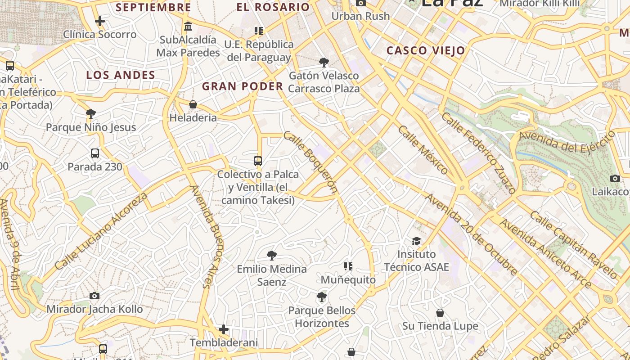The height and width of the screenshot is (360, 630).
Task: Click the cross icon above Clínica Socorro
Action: (100, 21)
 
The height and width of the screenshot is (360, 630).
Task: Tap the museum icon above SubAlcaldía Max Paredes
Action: (188, 26)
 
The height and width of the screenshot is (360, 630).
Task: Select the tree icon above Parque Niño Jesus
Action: (91, 113)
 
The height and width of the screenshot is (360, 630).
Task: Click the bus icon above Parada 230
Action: (95, 153)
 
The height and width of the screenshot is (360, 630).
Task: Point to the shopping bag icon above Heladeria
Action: (193, 104)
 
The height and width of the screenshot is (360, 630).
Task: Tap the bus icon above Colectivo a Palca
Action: (258, 161)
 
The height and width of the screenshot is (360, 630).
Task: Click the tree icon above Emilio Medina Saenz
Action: (271, 256)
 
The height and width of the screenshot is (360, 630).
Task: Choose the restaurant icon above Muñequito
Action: (348, 266)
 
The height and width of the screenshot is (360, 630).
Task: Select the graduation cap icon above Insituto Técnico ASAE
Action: (416, 241)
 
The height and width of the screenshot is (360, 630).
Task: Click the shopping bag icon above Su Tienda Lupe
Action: (440, 312)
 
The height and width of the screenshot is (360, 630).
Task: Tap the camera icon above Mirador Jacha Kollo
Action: (94, 296)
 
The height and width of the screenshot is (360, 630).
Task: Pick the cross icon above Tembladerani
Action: (224, 329)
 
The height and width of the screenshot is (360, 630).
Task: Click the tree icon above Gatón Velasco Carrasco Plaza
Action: (324, 62)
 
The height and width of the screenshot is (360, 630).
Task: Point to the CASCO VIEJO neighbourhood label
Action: (425, 50)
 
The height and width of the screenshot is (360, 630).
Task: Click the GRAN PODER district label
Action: (243, 86)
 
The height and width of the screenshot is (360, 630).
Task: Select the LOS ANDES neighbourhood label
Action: (121, 75)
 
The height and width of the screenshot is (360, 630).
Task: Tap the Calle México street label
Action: (423, 150)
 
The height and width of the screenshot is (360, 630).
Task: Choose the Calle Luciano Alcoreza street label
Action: (101, 231)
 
